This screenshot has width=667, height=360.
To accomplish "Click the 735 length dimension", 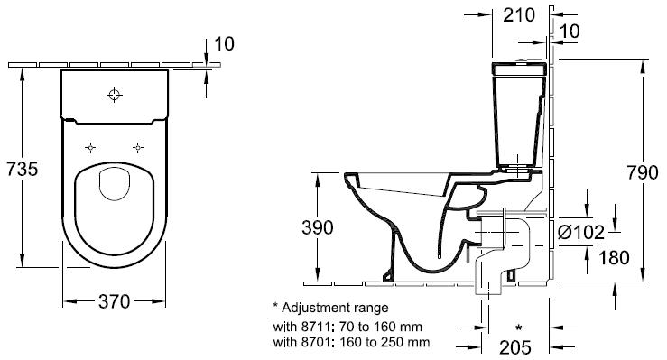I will point(21,169).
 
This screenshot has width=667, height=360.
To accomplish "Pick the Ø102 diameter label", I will point(581,233).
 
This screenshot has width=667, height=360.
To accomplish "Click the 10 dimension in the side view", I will point(570,32).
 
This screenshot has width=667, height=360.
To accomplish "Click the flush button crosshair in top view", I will point(114,94).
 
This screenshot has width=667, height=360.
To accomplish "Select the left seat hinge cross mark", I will point(90,147).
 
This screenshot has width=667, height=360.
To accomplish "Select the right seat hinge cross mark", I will point(138,147).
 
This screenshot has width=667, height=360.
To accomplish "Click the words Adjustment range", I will point(330,308).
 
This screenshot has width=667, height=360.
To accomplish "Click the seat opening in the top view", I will point(114,185).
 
